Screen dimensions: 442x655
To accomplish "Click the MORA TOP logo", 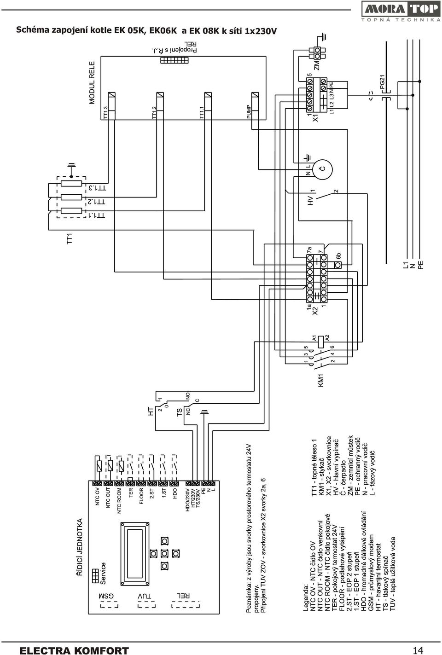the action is point(401,12).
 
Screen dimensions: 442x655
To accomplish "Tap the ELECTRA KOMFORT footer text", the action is point(74,650).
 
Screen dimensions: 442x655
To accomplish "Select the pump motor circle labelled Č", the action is point(322,169).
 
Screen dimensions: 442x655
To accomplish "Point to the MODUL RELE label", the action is point(92,83).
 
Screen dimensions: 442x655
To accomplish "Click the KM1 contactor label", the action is point(321,380).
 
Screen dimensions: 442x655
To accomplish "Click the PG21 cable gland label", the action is point(382,81).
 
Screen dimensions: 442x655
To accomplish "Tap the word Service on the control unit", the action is point(103,574).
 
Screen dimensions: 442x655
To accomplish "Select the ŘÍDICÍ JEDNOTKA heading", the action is point(80,547).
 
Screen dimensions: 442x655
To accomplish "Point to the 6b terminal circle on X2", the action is point(338,265).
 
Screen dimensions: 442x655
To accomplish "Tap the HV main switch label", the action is point(311,200).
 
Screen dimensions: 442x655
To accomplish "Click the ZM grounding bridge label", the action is point(317,66).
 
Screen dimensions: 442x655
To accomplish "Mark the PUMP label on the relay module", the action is point(249,111).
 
